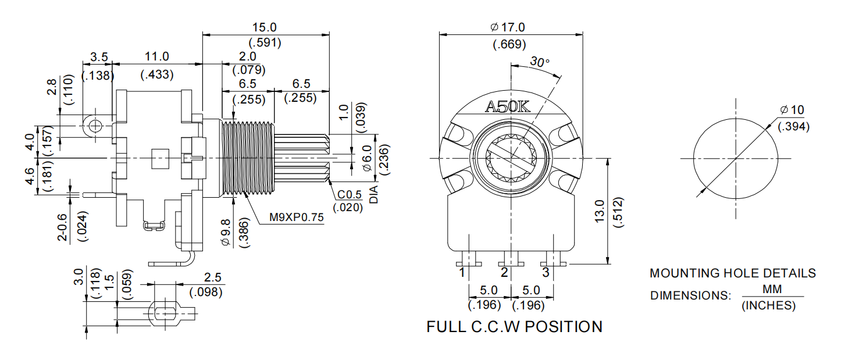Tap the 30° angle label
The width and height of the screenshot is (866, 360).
coord(540,62)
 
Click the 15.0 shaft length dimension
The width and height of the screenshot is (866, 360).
coord(264,27)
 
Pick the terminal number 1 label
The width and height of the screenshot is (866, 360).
coord(461,272)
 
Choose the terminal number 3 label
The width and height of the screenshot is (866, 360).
coord(546,272)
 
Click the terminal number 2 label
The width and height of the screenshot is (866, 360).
coord(504,272)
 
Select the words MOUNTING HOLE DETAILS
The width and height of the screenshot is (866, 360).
coord(732,273)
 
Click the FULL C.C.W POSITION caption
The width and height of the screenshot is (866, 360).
coord(514,327)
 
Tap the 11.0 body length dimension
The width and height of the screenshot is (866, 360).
coord(156,56)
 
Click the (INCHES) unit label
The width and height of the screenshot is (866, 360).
coord(768,305)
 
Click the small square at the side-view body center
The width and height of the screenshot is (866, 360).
coord(159,158)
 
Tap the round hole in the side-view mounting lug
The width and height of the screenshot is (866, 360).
coord(95,125)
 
